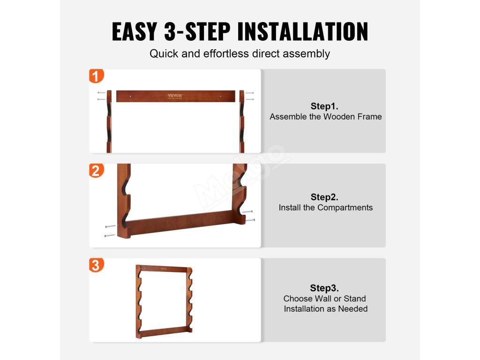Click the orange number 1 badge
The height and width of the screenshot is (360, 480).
click(x=97, y=76)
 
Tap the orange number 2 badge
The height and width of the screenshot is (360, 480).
click(x=97, y=171)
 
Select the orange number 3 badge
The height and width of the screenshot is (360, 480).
click(x=97, y=265)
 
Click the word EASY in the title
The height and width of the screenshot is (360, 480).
click(x=135, y=31)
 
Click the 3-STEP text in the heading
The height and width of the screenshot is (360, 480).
click(x=197, y=31)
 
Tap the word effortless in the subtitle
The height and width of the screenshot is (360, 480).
click(x=226, y=53)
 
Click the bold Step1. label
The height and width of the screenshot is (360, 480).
click(x=324, y=106)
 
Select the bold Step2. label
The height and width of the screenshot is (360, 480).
click(x=324, y=197)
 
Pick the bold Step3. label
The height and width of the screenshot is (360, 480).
click(x=324, y=288)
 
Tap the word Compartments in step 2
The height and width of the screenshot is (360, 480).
click(x=345, y=208)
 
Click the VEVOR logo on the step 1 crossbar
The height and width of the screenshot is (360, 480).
click(x=175, y=96)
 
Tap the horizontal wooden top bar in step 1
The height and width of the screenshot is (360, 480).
click(x=176, y=96)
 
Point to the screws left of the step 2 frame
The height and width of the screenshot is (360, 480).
click(x=110, y=231)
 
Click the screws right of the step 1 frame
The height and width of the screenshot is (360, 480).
click(x=249, y=96)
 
